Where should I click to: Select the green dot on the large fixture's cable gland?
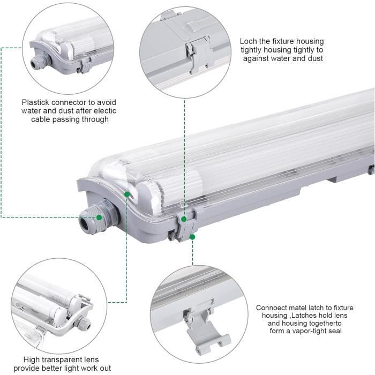tap(99, 217)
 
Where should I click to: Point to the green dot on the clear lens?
tap(126, 194)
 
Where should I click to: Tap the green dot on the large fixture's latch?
tap(184, 219)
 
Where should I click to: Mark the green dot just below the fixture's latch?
tap(192, 236)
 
